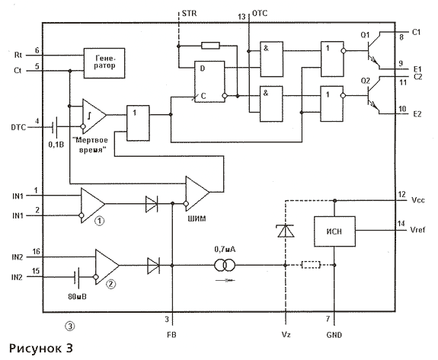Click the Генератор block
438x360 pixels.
104,63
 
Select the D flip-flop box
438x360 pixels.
209,81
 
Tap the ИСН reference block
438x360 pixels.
334,231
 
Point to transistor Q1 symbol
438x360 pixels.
374,50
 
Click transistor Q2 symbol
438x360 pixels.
374,95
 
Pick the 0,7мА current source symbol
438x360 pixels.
225,265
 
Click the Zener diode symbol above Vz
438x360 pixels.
286,231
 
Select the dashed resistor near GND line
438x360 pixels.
311,265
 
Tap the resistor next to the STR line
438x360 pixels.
210,46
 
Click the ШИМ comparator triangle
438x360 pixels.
197,193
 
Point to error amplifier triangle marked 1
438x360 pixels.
92,205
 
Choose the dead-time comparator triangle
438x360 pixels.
94,116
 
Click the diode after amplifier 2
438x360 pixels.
153,265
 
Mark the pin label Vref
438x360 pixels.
417,230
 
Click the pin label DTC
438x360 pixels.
18,127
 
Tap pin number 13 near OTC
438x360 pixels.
241,17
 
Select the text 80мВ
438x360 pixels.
77,296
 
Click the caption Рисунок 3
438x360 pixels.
41,349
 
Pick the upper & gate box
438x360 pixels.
271,59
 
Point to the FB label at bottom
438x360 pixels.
171,335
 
